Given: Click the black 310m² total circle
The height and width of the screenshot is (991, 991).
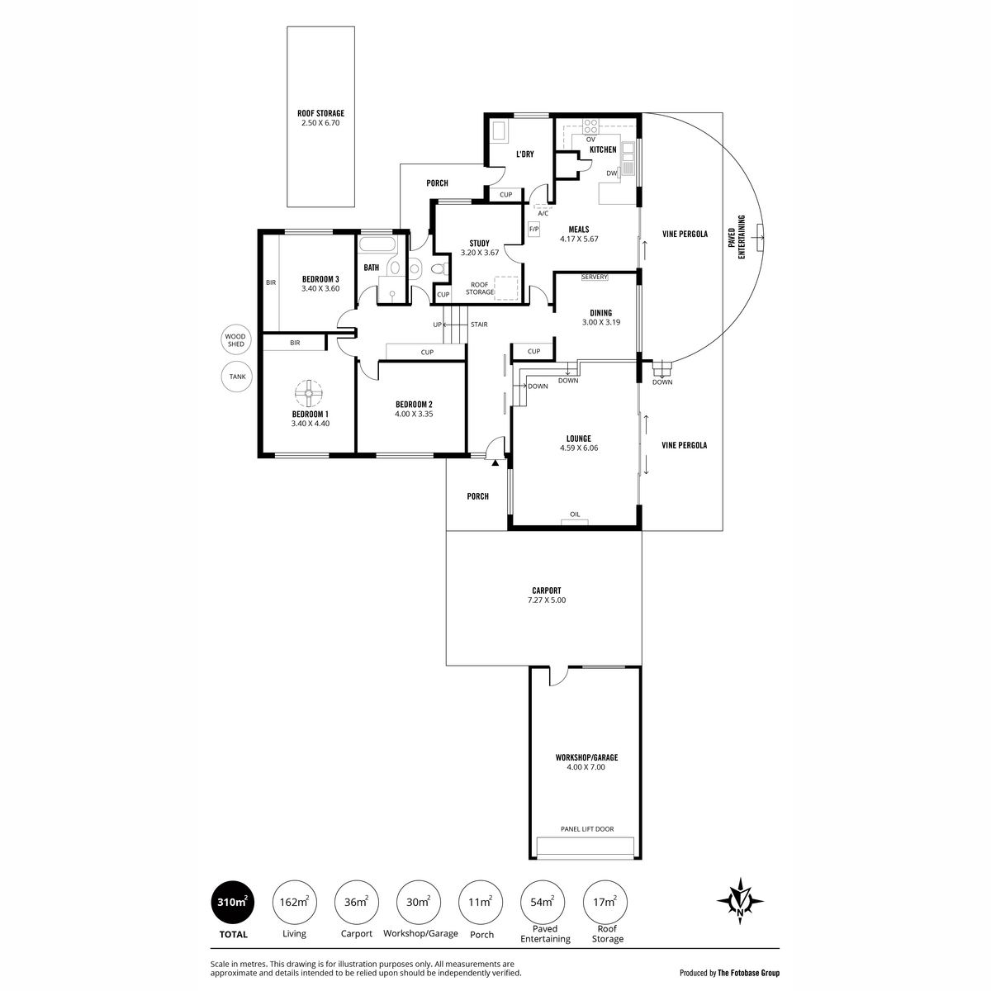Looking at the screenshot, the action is click(x=232, y=902).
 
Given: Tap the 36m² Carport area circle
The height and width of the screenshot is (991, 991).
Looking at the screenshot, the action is click(x=357, y=902).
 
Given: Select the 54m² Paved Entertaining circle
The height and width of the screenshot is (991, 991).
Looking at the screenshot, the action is click(x=543, y=902).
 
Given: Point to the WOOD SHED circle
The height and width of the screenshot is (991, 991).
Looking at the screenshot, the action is click(x=236, y=340).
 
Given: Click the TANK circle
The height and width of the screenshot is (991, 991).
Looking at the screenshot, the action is click(x=237, y=377).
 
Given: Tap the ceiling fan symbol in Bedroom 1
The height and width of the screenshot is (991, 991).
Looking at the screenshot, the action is click(x=308, y=393).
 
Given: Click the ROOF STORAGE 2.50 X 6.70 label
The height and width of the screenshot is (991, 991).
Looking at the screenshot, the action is click(x=320, y=118).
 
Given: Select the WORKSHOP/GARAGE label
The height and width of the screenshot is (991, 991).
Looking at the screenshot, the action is click(x=587, y=757).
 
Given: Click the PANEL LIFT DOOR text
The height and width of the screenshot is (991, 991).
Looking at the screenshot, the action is click(x=587, y=829).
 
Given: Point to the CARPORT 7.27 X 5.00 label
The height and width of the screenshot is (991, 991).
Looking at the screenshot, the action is click(x=546, y=595).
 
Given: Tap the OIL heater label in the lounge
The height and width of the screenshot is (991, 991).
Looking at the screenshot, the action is click(x=575, y=514).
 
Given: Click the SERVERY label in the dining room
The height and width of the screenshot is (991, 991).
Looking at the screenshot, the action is click(x=595, y=277).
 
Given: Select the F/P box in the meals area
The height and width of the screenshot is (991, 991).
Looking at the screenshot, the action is click(x=534, y=229).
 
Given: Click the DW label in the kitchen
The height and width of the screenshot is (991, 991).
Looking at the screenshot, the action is click(x=611, y=173).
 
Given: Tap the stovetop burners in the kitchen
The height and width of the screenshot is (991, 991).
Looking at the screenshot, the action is click(x=590, y=126).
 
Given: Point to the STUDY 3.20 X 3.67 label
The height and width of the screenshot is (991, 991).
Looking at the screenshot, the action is click(x=479, y=248).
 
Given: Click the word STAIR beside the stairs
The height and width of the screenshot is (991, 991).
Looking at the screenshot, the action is click(x=479, y=325).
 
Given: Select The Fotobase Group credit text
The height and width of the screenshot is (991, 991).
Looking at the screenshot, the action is click(x=748, y=973).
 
